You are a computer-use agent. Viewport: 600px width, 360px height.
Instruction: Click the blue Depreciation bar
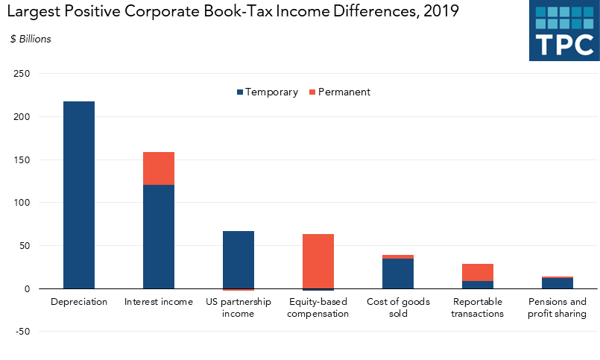pyautogui.click(x=79, y=195)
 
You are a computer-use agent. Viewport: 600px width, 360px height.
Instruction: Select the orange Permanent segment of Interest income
pyautogui.click(x=159, y=168)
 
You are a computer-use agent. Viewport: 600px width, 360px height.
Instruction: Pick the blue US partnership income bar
pyautogui.click(x=239, y=259)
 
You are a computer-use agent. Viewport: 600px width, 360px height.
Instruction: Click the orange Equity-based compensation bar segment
pyautogui.click(x=318, y=261)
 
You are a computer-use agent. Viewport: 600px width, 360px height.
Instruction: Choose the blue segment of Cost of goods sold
pyautogui.click(x=398, y=274)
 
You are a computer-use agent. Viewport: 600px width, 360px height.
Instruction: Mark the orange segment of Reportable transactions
pyautogui.click(x=478, y=272)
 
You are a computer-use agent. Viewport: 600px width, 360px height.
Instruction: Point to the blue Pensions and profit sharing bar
pyautogui.click(x=558, y=283)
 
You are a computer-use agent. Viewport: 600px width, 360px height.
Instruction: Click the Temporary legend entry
pyautogui.click(x=267, y=92)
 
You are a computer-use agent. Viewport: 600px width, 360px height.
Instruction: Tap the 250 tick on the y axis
pyautogui.click(x=22, y=74)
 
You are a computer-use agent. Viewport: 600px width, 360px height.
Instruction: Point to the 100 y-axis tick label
pyautogui.click(x=22, y=203)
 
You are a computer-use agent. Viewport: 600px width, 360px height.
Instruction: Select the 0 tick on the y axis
pyautogui.click(x=27, y=288)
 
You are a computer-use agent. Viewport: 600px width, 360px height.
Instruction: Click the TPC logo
pyautogui.click(x=564, y=31)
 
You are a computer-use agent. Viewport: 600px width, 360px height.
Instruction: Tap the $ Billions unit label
pyautogui.click(x=31, y=40)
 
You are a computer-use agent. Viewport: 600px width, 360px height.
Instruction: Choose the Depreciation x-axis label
pyautogui.click(x=79, y=302)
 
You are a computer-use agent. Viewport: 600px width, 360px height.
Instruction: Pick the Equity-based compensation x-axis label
pyautogui.click(x=318, y=308)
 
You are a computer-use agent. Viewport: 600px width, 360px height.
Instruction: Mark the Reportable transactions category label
pyautogui.click(x=478, y=308)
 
